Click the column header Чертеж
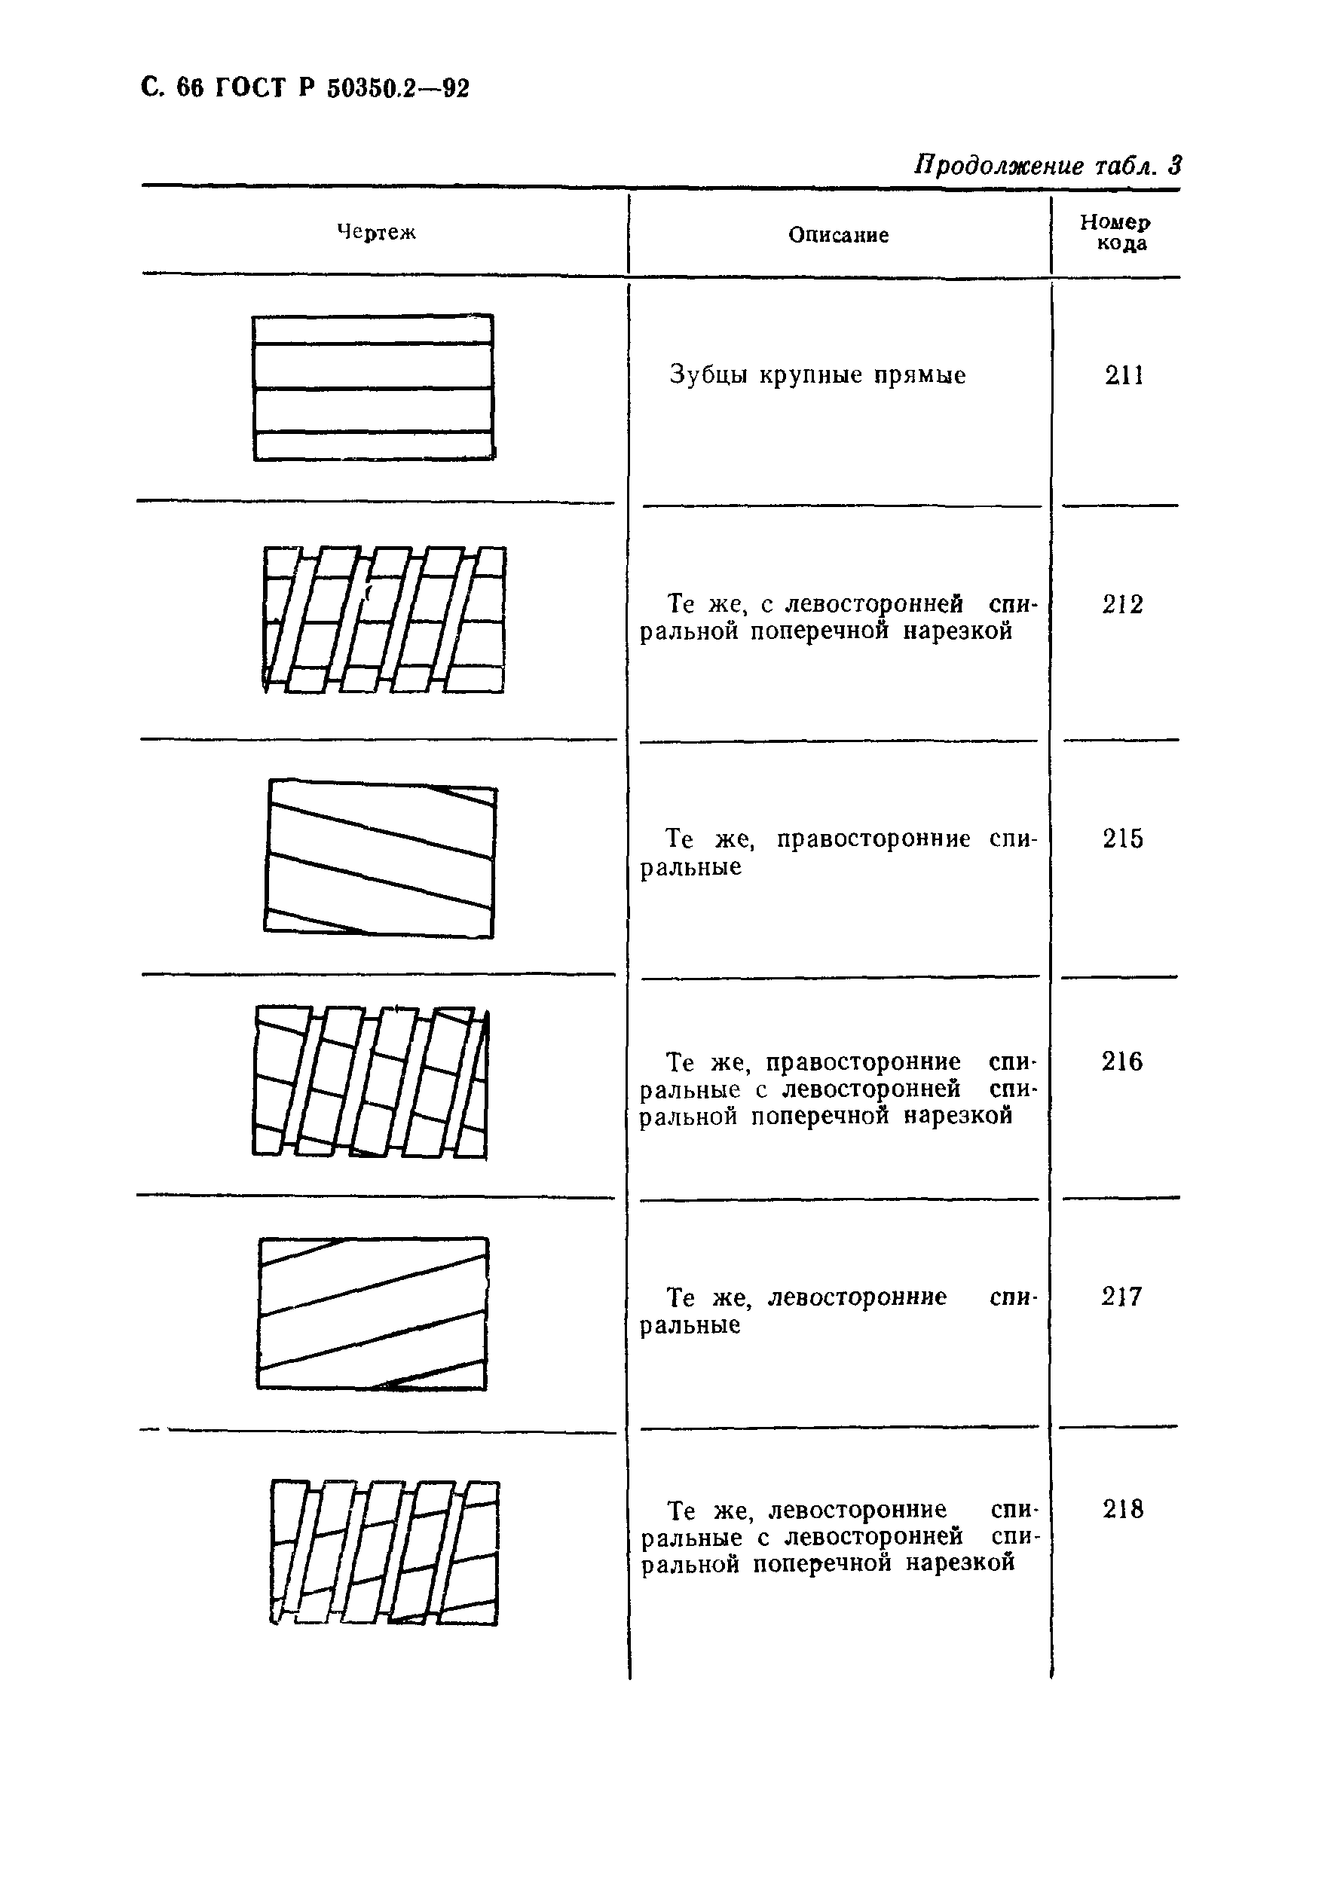click(x=376, y=233)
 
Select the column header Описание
click(x=838, y=235)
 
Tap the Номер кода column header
click(x=1115, y=233)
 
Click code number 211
click(x=1124, y=376)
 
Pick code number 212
click(x=1123, y=605)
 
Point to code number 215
click(x=1123, y=839)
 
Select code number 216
click(x=1122, y=1062)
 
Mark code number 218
click(x=1123, y=1510)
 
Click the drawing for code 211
click(x=373, y=387)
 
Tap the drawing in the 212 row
click(x=384, y=619)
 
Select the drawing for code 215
click(x=381, y=858)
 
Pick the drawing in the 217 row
click(x=373, y=1313)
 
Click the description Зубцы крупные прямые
click(x=817, y=376)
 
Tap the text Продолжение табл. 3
click(x=1047, y=166)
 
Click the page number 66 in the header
click(x=190, y=87)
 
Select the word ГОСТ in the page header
click(x=249, y=87)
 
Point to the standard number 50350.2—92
click(x=398, y=87)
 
